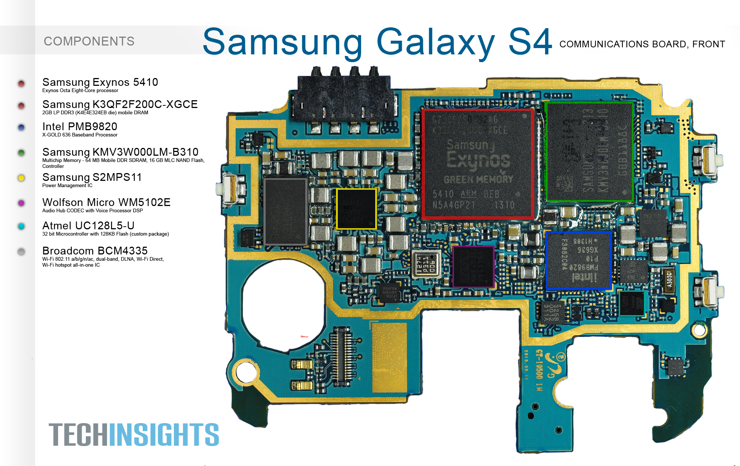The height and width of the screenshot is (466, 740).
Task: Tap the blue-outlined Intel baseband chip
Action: click(x=578, y=260)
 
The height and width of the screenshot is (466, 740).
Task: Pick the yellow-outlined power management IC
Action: click(x=356, y=209)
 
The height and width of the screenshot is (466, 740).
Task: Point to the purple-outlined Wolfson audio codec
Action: click(x=474, y=267)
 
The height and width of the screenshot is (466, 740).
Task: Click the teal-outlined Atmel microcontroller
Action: click(x=632, y=303)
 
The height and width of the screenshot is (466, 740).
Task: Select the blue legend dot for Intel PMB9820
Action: click(x=21, y=128)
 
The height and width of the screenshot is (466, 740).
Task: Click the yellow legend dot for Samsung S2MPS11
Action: click(x=21, y=178)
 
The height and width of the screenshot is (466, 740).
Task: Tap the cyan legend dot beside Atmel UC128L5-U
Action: click(x=21, y=226)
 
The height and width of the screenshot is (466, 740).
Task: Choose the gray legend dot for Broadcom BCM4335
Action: click(x=21, y=252)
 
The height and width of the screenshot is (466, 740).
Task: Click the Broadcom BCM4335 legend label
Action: click(x=95, y=251)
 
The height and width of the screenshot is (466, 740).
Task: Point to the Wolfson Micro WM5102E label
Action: click(x=106, y=202)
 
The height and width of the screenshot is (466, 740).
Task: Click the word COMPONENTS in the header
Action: click(x=89, y=41)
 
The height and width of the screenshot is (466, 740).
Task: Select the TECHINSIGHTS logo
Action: click(x=134, y=435)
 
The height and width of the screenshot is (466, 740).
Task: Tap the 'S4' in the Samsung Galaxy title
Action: click(x=530, y=42)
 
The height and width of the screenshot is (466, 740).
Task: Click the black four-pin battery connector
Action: click(x=344, y=98)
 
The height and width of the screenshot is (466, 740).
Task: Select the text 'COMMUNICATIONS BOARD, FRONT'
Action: click(x=642, y=44)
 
